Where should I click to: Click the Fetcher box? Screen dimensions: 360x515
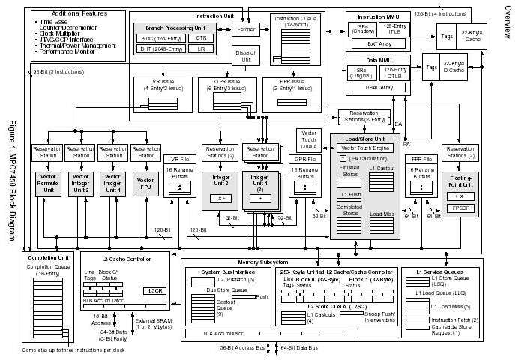pyautogui.click(x=244, y=30)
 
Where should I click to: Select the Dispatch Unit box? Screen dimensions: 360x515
pyautogui.click(x=243, y=56)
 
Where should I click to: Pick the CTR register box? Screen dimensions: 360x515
pyautogui.click(x=200, y=37)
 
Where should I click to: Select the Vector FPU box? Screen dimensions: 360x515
pyautogui.click(x=145, y=184)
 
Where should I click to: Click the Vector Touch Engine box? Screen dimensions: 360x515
pyautogui.click(x=365, y=148)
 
